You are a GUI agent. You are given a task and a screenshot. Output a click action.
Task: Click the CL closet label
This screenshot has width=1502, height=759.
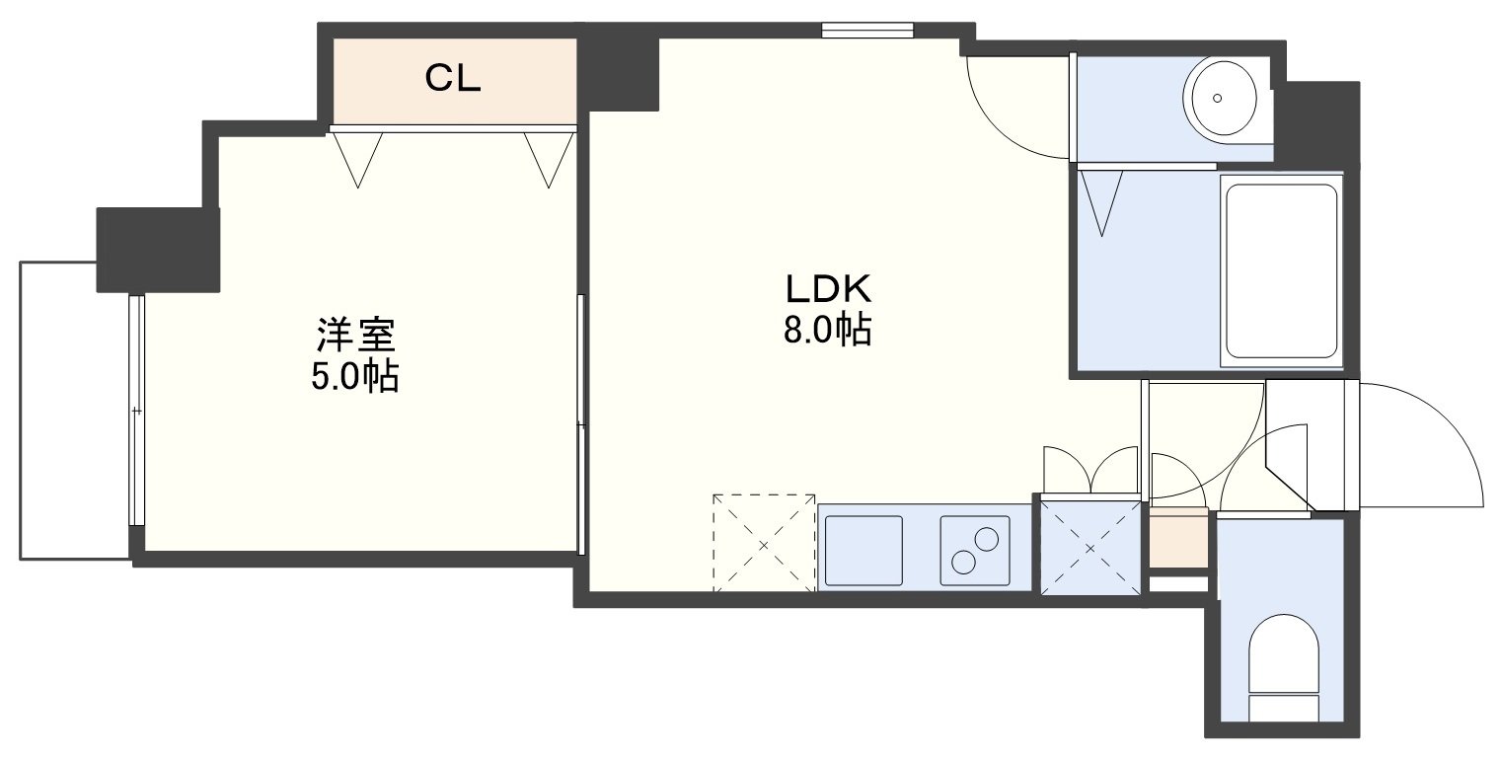[x=453, y=78]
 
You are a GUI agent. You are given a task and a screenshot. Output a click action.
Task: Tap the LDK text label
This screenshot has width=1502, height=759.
[x=828, y=289]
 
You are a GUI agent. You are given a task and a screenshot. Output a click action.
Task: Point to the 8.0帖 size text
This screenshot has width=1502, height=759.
[x=827, y=330]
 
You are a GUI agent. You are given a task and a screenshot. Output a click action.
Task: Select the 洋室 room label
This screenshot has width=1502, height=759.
[x=356, y=335]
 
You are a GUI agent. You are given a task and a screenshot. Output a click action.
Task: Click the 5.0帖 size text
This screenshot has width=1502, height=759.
[x=354, y=377]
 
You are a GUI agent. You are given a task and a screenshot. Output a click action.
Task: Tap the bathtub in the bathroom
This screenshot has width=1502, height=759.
[x=1281, y=271]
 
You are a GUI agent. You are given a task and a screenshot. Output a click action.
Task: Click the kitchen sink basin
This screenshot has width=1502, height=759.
[x=864, y=550]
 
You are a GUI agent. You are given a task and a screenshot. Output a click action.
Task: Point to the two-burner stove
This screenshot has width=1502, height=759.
[x=976, y=550]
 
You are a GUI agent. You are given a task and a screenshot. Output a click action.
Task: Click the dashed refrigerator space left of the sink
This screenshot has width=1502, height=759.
[x=764, y=543]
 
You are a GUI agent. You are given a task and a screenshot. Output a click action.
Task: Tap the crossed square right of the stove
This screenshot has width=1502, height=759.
[x=1090, y=548]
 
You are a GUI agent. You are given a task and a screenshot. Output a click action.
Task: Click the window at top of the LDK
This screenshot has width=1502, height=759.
[x=867, y=31]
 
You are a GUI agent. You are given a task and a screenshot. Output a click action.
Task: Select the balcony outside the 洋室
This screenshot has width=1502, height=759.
[x=75, y=411]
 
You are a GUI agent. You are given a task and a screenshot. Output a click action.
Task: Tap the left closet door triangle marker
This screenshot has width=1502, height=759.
[x=358, y=160]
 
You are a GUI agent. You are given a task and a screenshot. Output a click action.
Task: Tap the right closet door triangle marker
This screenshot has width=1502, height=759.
[x=549, y=160]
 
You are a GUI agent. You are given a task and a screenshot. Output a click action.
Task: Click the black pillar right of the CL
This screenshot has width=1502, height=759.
[x=618, y=72]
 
